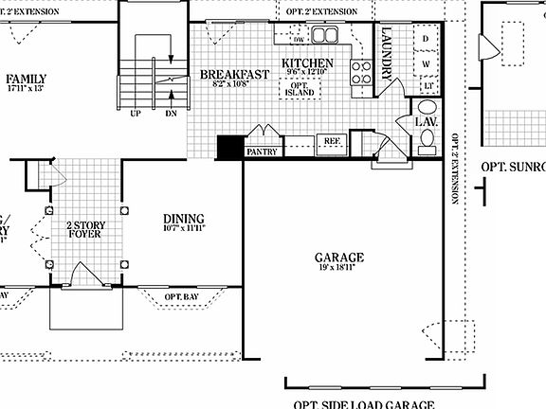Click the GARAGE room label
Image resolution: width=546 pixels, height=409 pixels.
point(338,257)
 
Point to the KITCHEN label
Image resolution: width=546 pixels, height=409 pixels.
point(308,63)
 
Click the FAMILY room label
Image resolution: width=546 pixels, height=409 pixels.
point(27,79)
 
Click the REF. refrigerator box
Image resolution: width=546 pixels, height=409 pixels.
point(333,140)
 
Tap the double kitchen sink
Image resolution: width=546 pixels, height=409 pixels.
point(326,36)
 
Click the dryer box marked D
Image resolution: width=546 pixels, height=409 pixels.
point(426,40)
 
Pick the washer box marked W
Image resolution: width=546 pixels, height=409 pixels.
point(426,63)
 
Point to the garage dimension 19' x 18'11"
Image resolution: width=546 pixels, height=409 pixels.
point(338,268)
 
